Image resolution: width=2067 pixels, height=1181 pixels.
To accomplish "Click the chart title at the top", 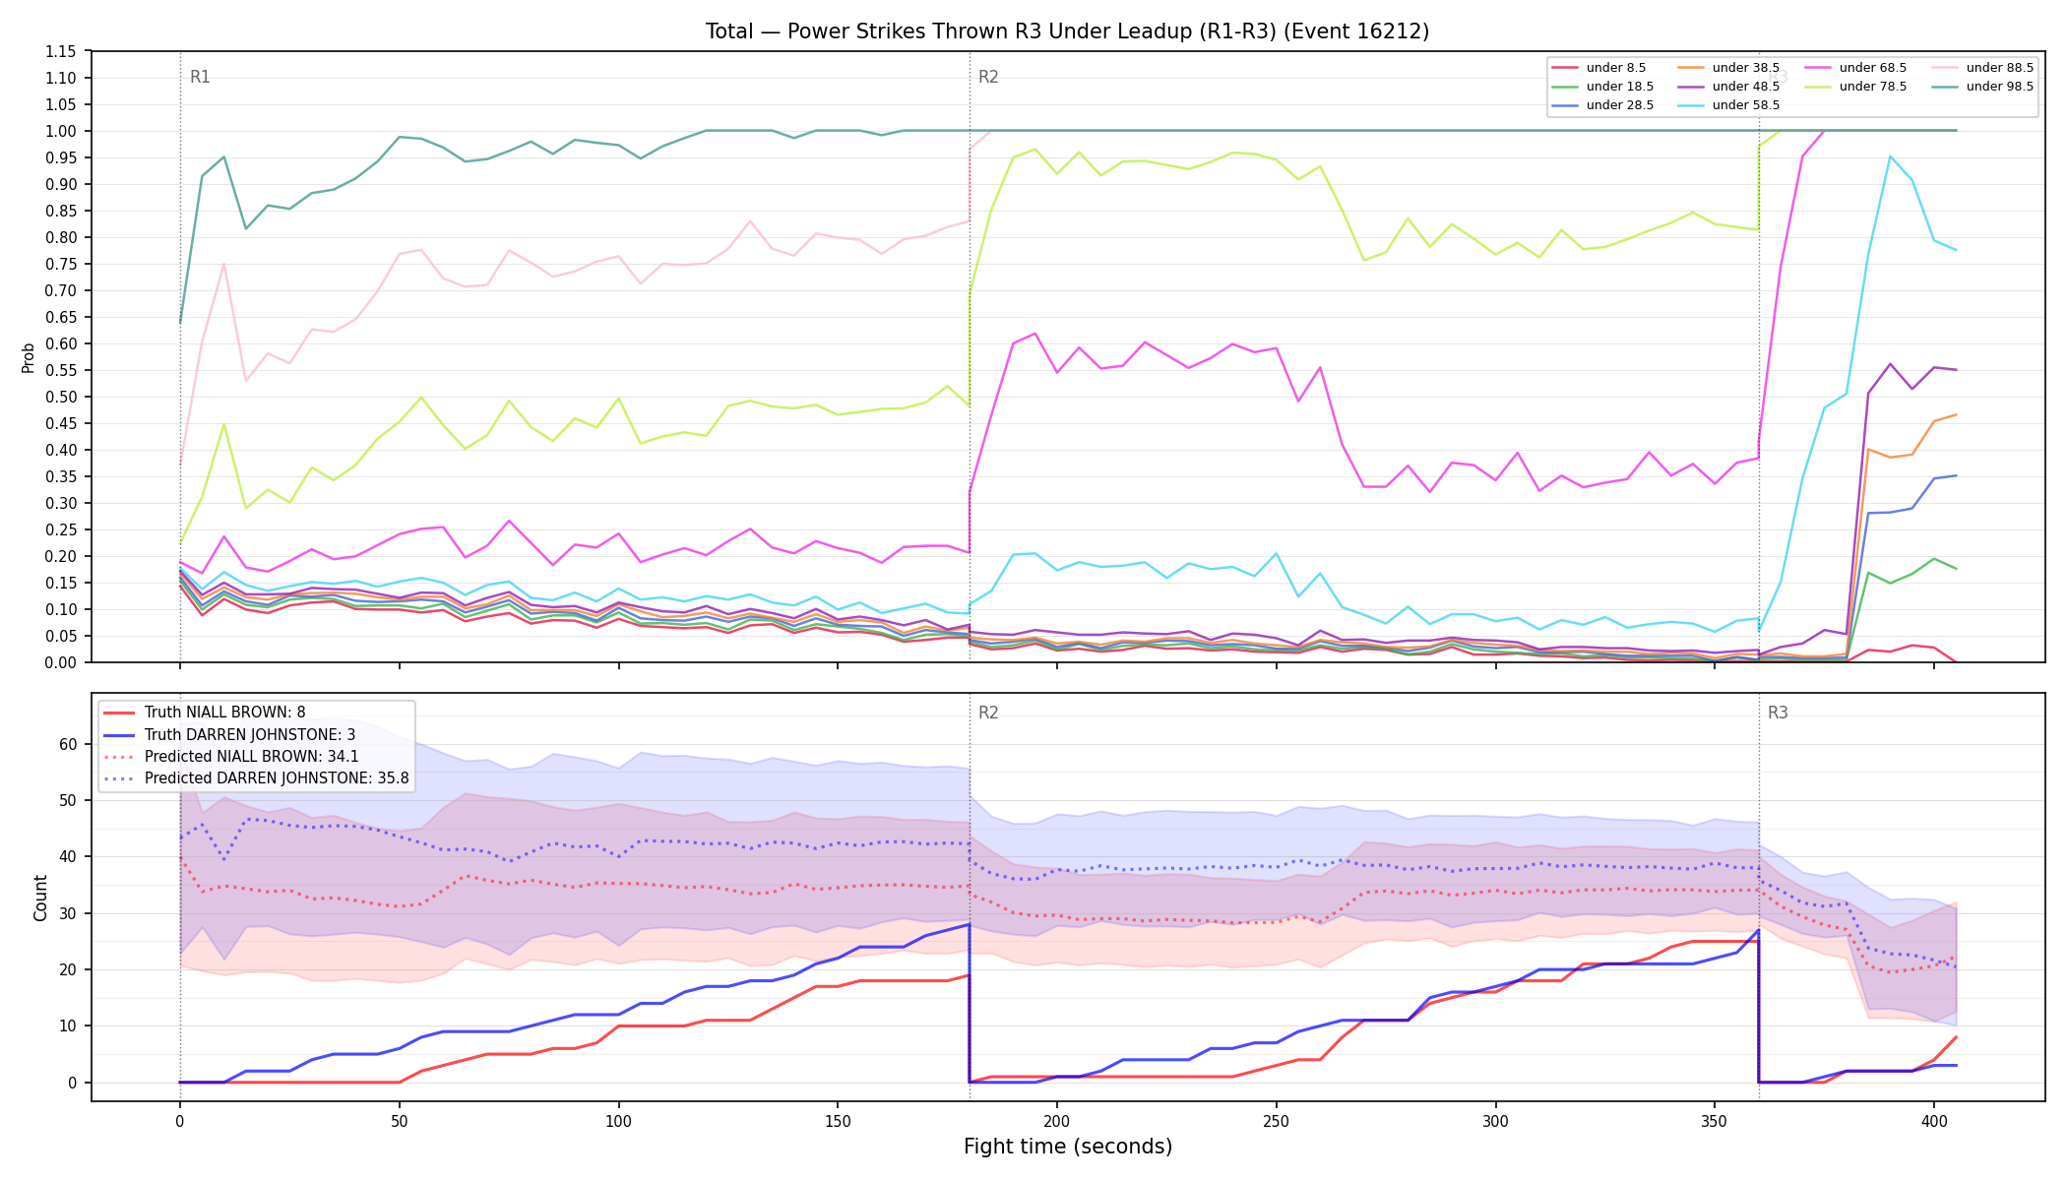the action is [1067, 31].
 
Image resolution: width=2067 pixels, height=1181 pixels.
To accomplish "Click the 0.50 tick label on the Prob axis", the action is [60, 397].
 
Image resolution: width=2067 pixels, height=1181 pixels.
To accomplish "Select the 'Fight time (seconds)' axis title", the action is [1068, 1147].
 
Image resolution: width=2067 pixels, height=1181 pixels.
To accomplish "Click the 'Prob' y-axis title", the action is [29, 357].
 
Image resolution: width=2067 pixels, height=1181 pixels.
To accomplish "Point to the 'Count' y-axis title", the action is [40, 898].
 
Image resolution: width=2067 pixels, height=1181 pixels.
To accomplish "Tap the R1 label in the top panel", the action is [200, 77].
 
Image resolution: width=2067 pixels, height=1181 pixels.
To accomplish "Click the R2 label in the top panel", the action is [988, 77].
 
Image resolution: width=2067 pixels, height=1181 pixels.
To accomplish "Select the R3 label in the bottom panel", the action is [1778, 713].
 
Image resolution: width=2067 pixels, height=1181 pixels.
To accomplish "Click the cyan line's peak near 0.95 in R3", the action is [1890, 155].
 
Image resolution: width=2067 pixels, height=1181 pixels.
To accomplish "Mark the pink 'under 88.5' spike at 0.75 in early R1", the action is [223, 264].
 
